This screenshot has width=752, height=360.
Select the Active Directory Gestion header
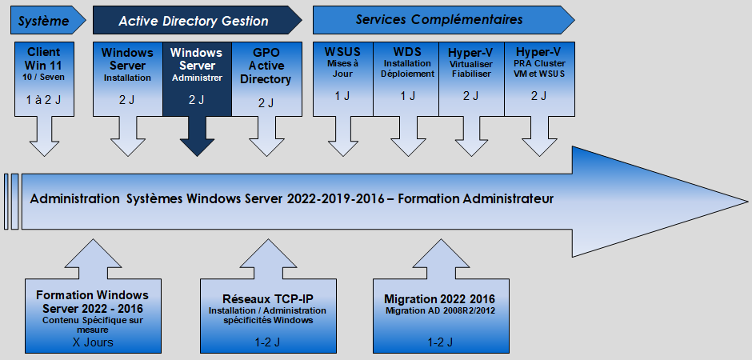tap(197, 20)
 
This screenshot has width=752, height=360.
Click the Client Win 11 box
tap(44, 79)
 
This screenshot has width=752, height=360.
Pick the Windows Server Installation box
tap(127, 79)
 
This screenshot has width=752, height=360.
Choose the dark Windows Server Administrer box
tap(197, 79)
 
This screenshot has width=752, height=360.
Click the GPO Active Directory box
tap(266, 79)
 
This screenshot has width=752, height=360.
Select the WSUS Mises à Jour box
tap(343, 79)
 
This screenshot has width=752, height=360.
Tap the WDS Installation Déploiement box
tap(406, 79)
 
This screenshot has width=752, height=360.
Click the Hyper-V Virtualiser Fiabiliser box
tap(471, 79)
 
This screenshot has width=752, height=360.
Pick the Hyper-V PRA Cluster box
tap(539, 79)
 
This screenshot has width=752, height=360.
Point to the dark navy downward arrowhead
tap(197, 147)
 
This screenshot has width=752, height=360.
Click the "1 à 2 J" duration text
tap(44, 100)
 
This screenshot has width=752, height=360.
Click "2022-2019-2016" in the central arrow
tap(336, 198)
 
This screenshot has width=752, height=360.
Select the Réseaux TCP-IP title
tap(267, 299)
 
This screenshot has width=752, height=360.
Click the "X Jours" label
tap(93, 342)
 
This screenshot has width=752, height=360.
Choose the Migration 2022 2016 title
tap(439, 299)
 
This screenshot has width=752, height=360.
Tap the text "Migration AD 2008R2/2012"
tap(440, 310)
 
